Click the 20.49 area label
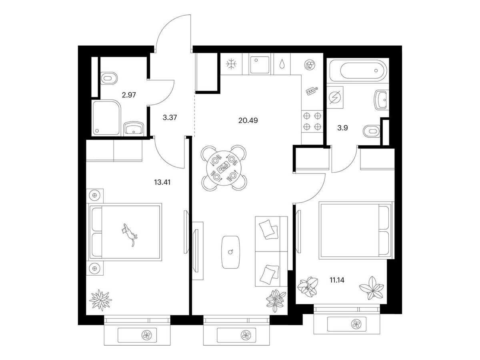(248, 120)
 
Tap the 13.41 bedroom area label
(162, 182)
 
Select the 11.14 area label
(337, 280)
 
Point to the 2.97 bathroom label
(129, 95)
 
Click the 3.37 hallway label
(170, 118)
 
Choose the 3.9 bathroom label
(342, 128)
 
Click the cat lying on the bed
(129, 234)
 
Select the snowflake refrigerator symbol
(231, 64)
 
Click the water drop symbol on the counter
(282, 64)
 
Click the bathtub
(358, 70)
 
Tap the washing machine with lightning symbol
(335, 98)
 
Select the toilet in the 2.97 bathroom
(109, 78)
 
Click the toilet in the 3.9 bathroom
(372, 131)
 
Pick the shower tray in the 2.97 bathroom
(106, 118)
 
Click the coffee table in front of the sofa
(230, 252)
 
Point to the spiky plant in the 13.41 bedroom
(100, 299)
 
